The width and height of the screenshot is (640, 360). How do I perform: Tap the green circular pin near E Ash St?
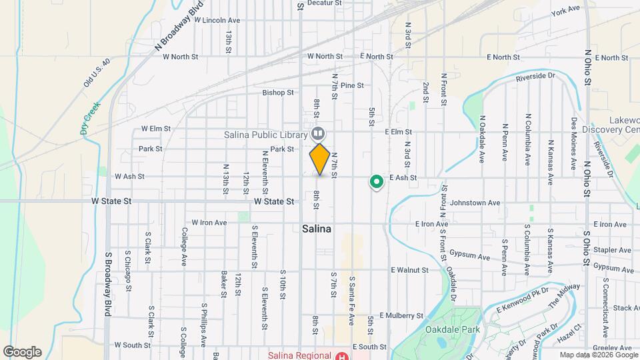tap(376, 181)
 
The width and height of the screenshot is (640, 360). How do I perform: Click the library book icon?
tap(319, 133)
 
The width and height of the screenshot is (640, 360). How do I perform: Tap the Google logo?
tap(22, 351)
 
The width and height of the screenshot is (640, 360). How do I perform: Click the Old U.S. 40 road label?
tap(97, 71)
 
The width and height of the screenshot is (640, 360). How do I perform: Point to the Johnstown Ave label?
tap(475, 203)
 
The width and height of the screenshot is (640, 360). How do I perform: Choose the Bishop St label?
tap(278, 93)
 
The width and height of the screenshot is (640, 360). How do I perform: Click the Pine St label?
tap(351, 86)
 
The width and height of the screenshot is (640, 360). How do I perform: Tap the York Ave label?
tap(567, 11)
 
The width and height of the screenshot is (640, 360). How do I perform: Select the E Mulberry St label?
tap(401, 315)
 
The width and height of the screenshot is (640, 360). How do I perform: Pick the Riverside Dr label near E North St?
tap(535, 77)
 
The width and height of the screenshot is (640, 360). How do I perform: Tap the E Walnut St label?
tap(409, 270)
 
